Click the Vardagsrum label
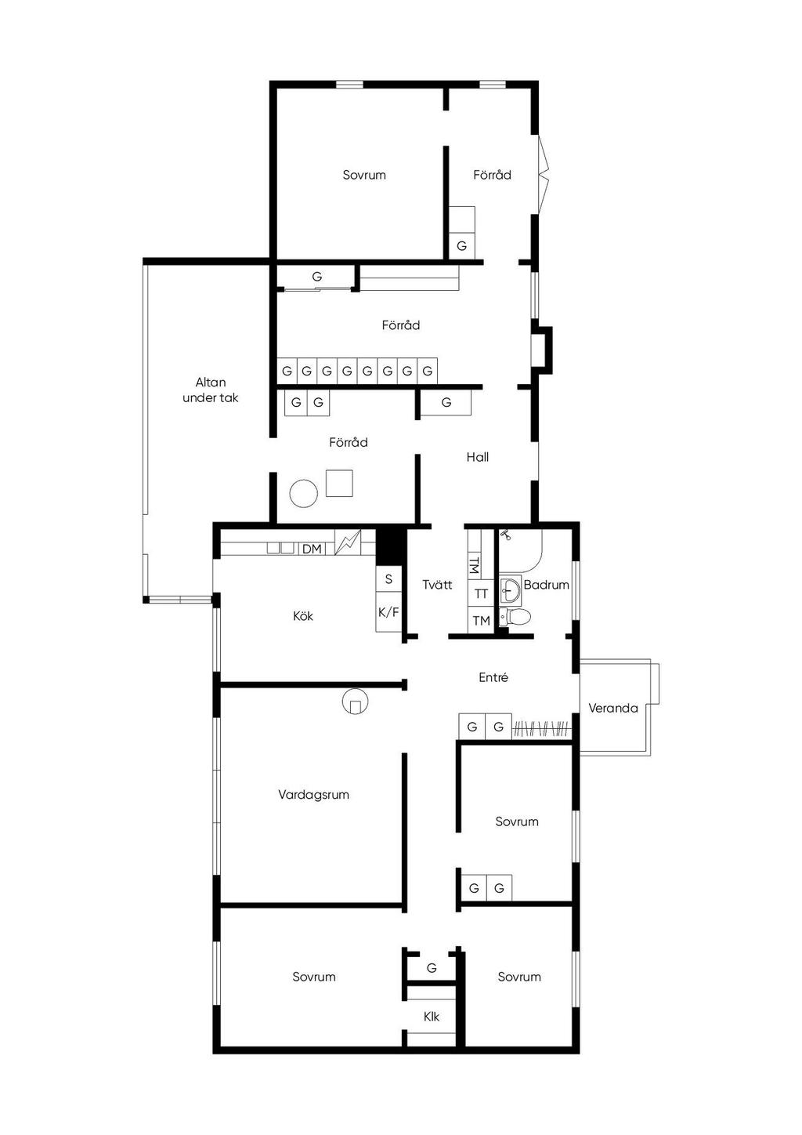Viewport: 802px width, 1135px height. click(x=313, y=795)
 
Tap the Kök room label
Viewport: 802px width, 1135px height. click(x=303, y=616)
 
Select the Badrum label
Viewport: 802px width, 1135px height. click(x=547, y=585)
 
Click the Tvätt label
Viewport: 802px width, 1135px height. click(x=438, y=585)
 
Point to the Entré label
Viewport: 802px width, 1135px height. click(x=493, y=677)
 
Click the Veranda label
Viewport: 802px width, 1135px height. click(x=612, y=708)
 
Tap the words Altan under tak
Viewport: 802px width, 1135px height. click(x=211, y=390)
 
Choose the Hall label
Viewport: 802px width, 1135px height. click(x=478, y=457)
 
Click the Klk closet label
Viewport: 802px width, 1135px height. click(x=432, y=1017)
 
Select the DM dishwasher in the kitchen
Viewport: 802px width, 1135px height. click(x=312, y=549)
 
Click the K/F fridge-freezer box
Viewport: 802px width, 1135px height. click(x=388, y=612)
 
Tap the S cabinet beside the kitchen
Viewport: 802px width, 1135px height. click(x=388, y=578)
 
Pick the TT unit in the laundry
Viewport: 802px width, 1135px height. click(x=481, y=593)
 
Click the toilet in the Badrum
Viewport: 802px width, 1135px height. click(x=515, y=617)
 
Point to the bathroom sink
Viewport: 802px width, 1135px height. click(x=509, y=589)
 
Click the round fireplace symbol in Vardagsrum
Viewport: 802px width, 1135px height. click(x=356, y=702)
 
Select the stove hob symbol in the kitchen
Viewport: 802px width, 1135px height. click(x=348, y=542)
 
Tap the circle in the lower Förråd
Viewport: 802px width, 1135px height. click(x=303, y=492)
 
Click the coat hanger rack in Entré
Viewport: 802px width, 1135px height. click(x=542, y=727)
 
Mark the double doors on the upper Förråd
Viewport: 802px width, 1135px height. click(x=543, y=174)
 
